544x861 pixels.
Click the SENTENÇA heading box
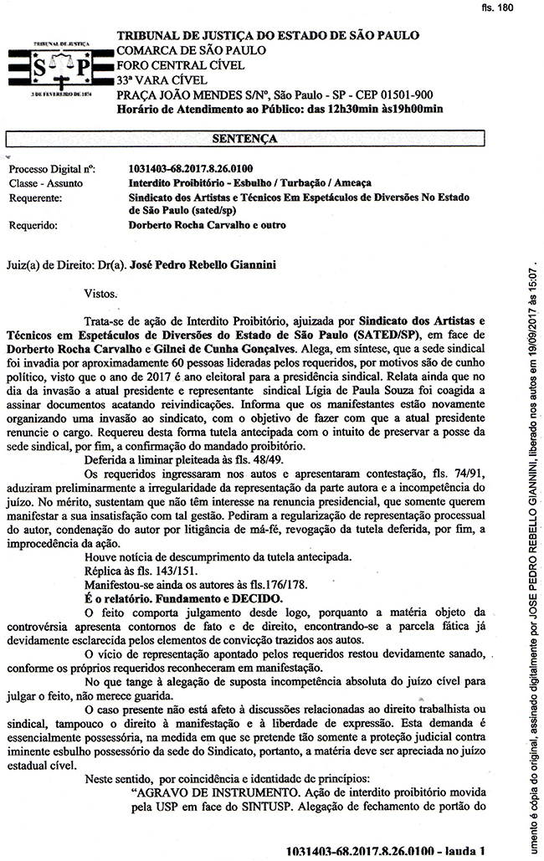coord(245,139)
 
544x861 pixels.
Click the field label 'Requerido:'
coord(33,225)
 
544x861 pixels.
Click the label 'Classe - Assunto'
coord(46,182)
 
